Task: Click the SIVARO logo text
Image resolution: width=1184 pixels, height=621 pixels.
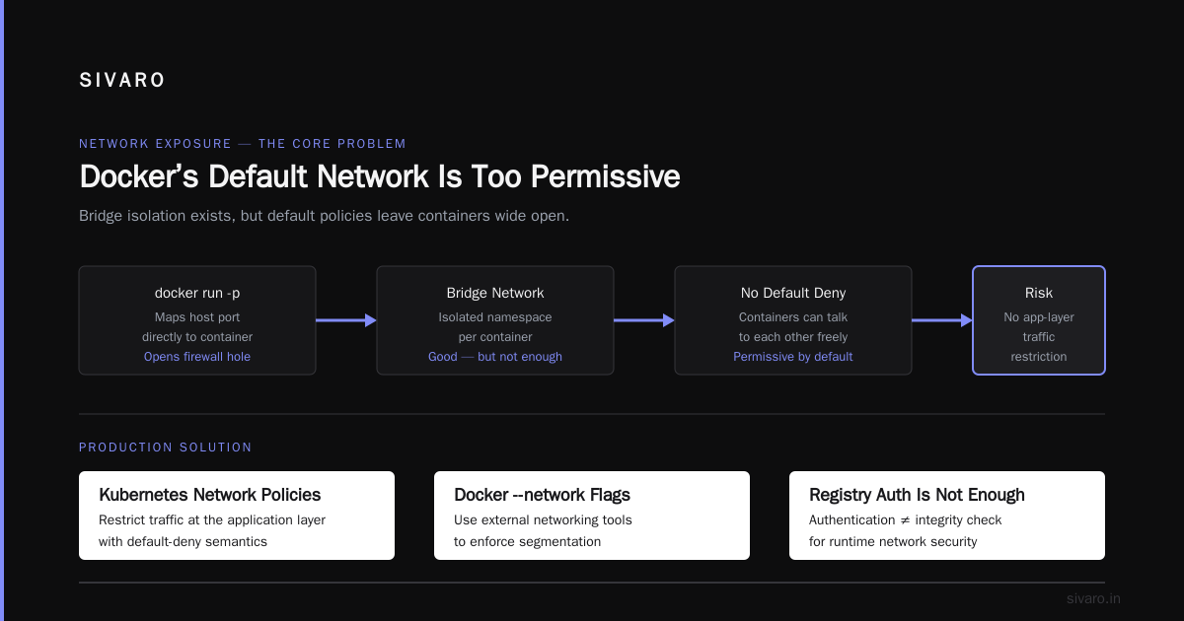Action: pyautogui.click(x=121, y=80)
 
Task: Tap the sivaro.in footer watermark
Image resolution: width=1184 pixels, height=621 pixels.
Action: pyautogui.click(x=1093, y=598)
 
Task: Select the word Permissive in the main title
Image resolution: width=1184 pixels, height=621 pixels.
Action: pyautogui.click(x=605, y=175)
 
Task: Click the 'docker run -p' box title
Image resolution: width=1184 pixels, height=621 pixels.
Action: pyautogui.click(x=197, y=293)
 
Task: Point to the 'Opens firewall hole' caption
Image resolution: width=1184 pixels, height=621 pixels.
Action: pyautogui.click(x=197, y=357)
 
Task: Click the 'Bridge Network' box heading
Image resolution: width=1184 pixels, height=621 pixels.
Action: pyautogui.click(x=494, y=293)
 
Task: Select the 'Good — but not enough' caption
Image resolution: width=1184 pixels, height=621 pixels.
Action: pyautogui.click(x=494, y=357)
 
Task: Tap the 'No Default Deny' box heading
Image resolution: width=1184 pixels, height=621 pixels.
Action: pyautogui.click(x=793, y=293)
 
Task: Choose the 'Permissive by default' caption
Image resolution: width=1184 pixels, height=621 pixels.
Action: pyautogui.click(x=793, y=357)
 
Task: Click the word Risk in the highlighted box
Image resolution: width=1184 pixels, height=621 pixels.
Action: pyautogui.click(x=1039, y=293)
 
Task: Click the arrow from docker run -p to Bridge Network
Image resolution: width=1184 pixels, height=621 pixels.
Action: pyautogui.click(x=346, y=320)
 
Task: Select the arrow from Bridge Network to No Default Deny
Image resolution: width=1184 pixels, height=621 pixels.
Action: pyautogui.click(x=643, y=320)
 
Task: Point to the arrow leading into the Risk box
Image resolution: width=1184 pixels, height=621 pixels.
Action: pyautogui.click(x=942, y=320)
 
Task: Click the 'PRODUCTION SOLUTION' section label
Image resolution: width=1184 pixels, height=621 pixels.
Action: pyautogui.click(x=166, y=448)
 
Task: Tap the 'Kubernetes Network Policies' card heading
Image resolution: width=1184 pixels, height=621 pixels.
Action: pyautogui.click(x=210, y=495)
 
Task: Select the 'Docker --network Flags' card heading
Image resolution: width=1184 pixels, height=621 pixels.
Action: pyautogui.click(x=542, y=495)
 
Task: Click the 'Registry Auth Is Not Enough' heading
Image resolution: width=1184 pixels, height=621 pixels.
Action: pyautogui.click(x=917, y=495)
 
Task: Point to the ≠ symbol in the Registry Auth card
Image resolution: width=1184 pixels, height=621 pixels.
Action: pyautogui.click(x=905, y=520)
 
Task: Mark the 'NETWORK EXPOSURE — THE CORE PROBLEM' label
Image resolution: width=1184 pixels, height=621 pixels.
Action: pyautogui.click(x=243, y=144)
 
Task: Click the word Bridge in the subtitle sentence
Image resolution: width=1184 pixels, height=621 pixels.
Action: pyautogui.click(x=101, y=216)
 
